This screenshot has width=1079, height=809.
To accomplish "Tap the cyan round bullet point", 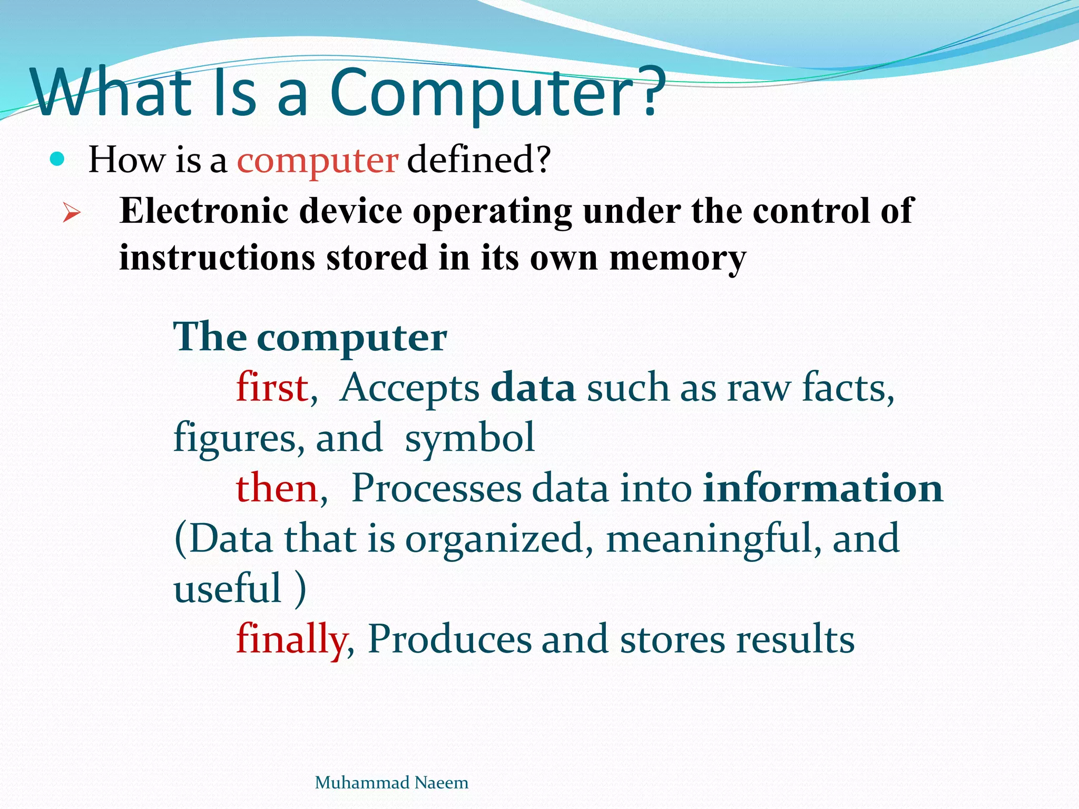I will (x=57, y=159).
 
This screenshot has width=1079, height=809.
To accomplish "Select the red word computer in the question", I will (x=318, y=161).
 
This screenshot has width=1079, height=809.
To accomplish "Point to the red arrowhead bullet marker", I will (x=71, y=213).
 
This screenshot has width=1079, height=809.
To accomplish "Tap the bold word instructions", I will (x=217, y=258).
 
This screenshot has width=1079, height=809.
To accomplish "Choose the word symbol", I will (x=469, y=439).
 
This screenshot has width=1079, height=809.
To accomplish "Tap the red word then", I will (x=277, y=488).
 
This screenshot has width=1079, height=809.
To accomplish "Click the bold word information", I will (x=822, y=488).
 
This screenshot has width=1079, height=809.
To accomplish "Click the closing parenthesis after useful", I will (x=300, y=589).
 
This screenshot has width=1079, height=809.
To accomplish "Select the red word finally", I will (x=291, y=639).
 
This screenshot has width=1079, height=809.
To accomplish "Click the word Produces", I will (x=449, y=639).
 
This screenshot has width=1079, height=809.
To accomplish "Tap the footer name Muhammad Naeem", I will (x=391, y=783).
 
